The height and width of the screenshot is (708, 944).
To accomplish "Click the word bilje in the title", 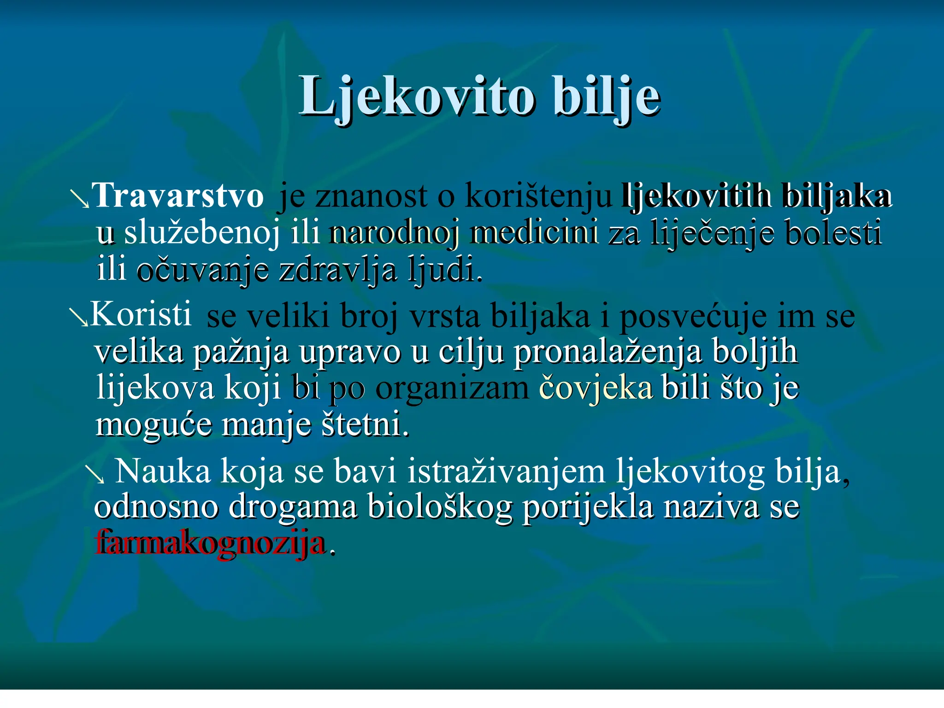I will tap(607, 97).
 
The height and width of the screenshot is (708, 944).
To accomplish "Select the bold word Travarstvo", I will tap(177, 196).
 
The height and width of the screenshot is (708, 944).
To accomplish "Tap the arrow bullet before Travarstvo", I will tap(79, 200).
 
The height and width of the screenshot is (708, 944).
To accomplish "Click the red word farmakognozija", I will tap(210, 543).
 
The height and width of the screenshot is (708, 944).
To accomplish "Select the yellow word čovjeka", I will tap(596, 388).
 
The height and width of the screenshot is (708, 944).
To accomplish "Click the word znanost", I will tap(371, 196).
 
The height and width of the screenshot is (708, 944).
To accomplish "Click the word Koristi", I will tap(141, 314).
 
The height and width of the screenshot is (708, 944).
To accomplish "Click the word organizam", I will tap(452, 389).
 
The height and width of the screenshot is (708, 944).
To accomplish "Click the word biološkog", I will tap(440, 507).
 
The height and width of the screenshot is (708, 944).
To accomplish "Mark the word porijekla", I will tap(588, 507).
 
